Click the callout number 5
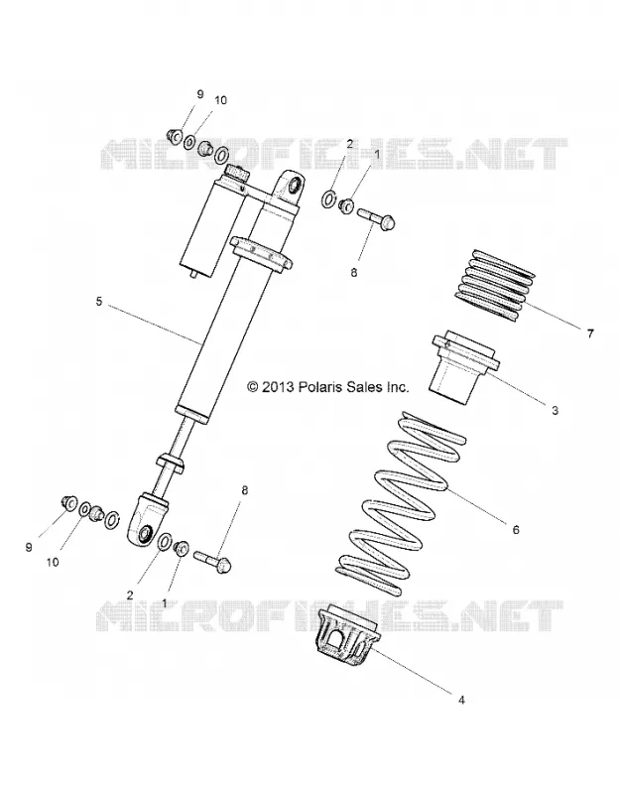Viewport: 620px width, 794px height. click(98, 302)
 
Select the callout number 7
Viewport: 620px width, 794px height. click(590, 333)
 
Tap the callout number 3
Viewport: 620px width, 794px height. click(555, 410)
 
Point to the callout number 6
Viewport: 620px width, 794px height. click(516, 530)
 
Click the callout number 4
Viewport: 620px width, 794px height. click(461, 701)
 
